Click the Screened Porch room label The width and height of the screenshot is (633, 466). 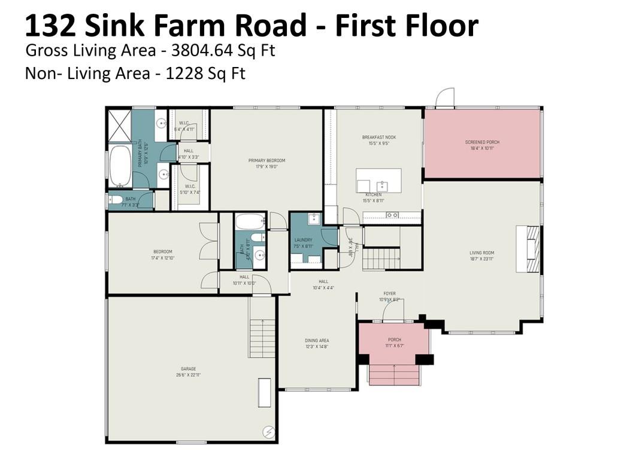[x=482, y=142]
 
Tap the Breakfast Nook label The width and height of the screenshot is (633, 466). [x=378, y=138]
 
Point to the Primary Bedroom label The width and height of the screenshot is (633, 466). [x=266, y=160]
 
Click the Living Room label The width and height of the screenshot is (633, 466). [x=481, y=253]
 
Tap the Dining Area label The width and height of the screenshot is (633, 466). [x=316, y=340]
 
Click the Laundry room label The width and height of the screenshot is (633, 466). [x=303, y=240]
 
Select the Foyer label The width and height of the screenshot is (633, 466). [x=389, y=294]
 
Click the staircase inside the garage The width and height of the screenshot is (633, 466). [x=262, y=338]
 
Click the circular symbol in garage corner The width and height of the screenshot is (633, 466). [x=269, y=431]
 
